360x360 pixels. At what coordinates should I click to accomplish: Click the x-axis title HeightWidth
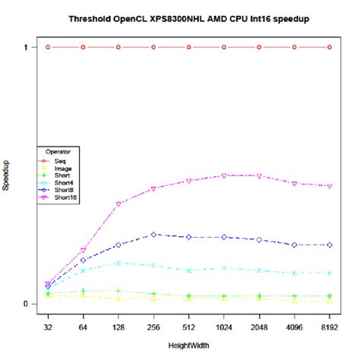coord(188,345)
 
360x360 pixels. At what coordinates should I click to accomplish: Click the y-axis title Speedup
coord(7,175)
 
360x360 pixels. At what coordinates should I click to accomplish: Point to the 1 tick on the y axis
coord(24,47)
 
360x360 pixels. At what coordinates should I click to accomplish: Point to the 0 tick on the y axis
coord(24,304)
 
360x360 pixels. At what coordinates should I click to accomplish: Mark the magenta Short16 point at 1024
coord(224,175)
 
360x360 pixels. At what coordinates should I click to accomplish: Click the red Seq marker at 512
coord(189,47)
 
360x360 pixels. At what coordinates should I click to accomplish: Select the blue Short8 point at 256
coord(153,235)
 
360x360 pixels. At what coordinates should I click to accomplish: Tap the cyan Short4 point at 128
coord(118,263)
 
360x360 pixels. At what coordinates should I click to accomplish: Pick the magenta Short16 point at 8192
coord(330,186)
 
